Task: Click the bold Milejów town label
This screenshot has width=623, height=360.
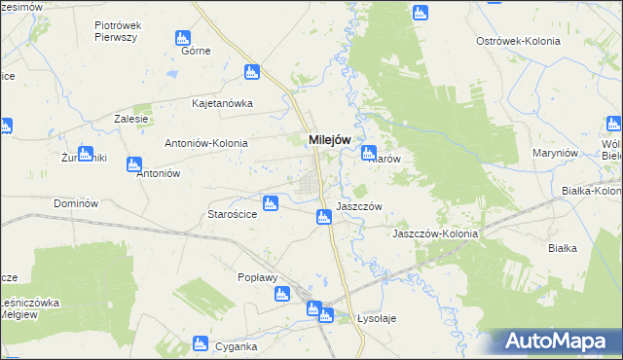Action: (x=329, y=139)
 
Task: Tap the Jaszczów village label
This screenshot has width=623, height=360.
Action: (x=358, y=206)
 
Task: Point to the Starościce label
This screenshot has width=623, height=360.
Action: (x=232, y=214)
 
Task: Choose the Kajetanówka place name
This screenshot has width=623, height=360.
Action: (x=223, y=102)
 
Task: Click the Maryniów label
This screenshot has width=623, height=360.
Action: (x=556, y=154)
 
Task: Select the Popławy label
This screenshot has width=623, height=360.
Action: (x=258, y=277)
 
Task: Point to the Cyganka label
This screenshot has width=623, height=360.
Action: (x=237, y=346)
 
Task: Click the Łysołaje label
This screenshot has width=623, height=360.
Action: (x=378, y=318)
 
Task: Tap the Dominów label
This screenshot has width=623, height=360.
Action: (x=76, y=203)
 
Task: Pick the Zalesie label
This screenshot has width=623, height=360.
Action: (x=130, y=119)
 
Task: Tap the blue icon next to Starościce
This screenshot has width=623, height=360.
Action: (x=272, y=203)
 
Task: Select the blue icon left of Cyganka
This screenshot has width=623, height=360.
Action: (x=200, y=342)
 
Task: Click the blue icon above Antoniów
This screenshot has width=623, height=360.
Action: (x=134, y=164)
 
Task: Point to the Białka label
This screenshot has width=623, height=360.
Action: (x=563, y=248)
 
